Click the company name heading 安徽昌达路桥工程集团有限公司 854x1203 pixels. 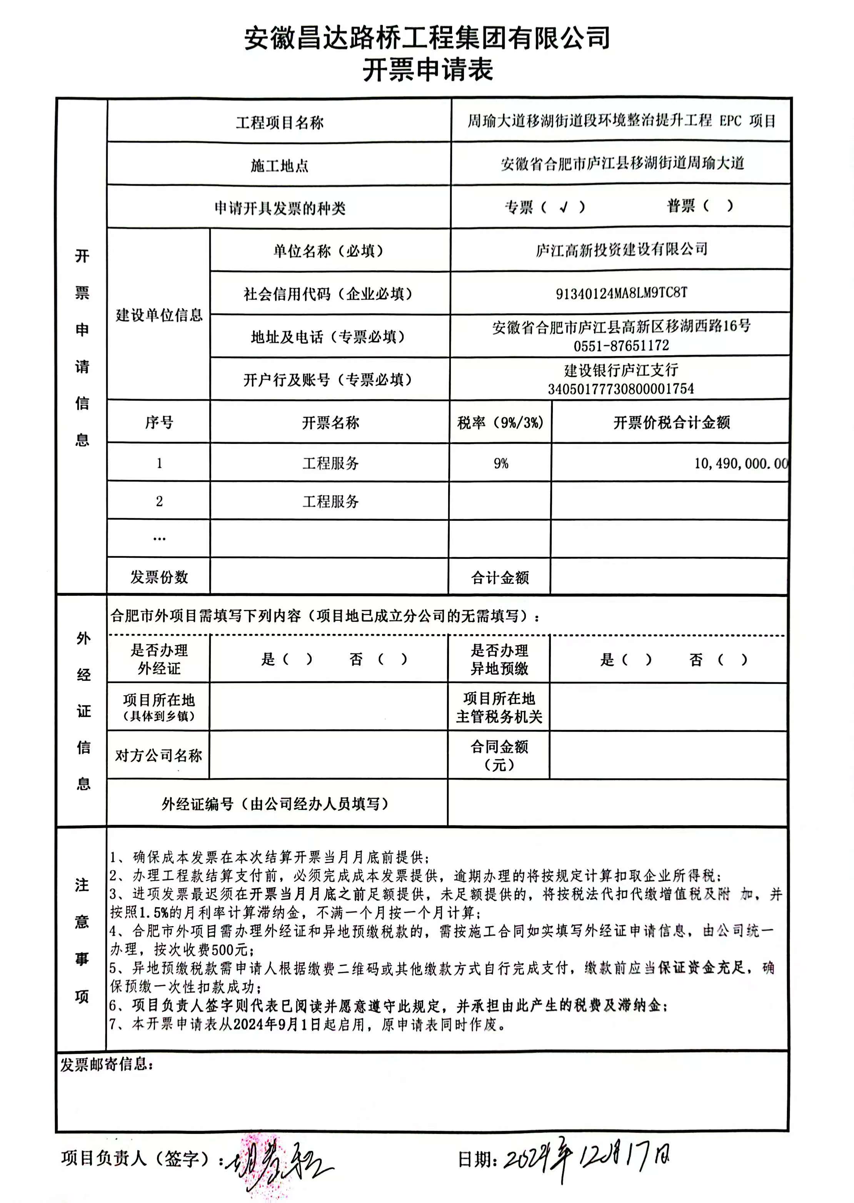point(427,38)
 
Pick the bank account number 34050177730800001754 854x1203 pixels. point(620,389)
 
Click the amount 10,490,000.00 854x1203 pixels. point(741,463)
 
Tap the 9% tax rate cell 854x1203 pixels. point(500,463)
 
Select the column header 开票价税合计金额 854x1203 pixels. point(672,422)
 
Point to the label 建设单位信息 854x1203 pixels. point(159,315)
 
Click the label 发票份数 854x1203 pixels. point(159,577)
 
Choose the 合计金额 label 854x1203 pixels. point(500,578)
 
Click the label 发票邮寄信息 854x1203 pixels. point(107,1065)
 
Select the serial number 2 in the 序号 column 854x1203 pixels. point(159,501)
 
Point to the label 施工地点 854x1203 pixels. point(279,166)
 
